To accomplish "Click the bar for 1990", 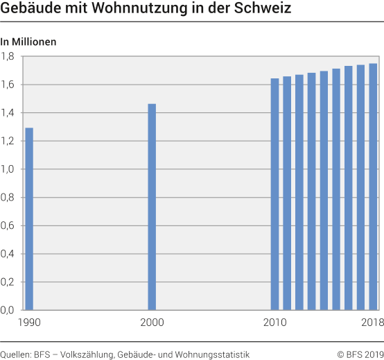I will coord(29,218).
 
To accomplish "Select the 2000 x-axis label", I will coord(152,322).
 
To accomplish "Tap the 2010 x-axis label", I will coord(274,322).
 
